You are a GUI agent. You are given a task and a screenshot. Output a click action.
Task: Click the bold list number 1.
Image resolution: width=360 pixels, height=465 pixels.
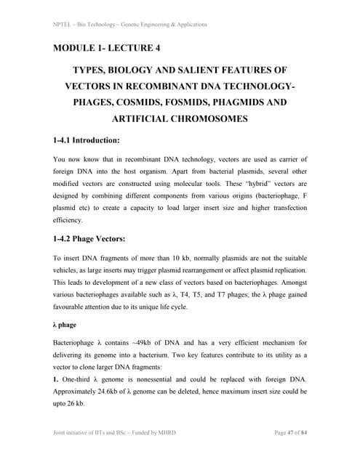pyautogui.click(x=57, y=379)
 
